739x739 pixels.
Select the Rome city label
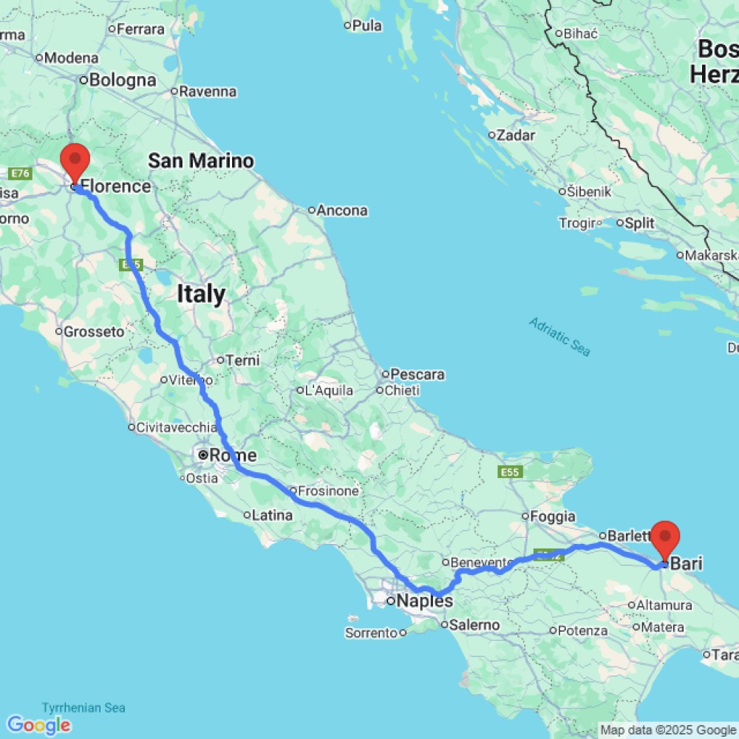(233, 455)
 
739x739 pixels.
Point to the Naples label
(424, 601)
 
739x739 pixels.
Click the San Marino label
(201, 160)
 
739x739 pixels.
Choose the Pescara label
(418, 375)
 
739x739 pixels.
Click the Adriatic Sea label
(559, 336)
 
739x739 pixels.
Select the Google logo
(38, 725)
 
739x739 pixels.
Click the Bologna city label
(123, 80)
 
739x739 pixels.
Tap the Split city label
(638, 222)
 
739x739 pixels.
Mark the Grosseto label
(94, 332)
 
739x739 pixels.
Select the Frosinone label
(328, 491)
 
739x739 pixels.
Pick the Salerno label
(476, 625)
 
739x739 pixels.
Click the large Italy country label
(201, 294)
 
